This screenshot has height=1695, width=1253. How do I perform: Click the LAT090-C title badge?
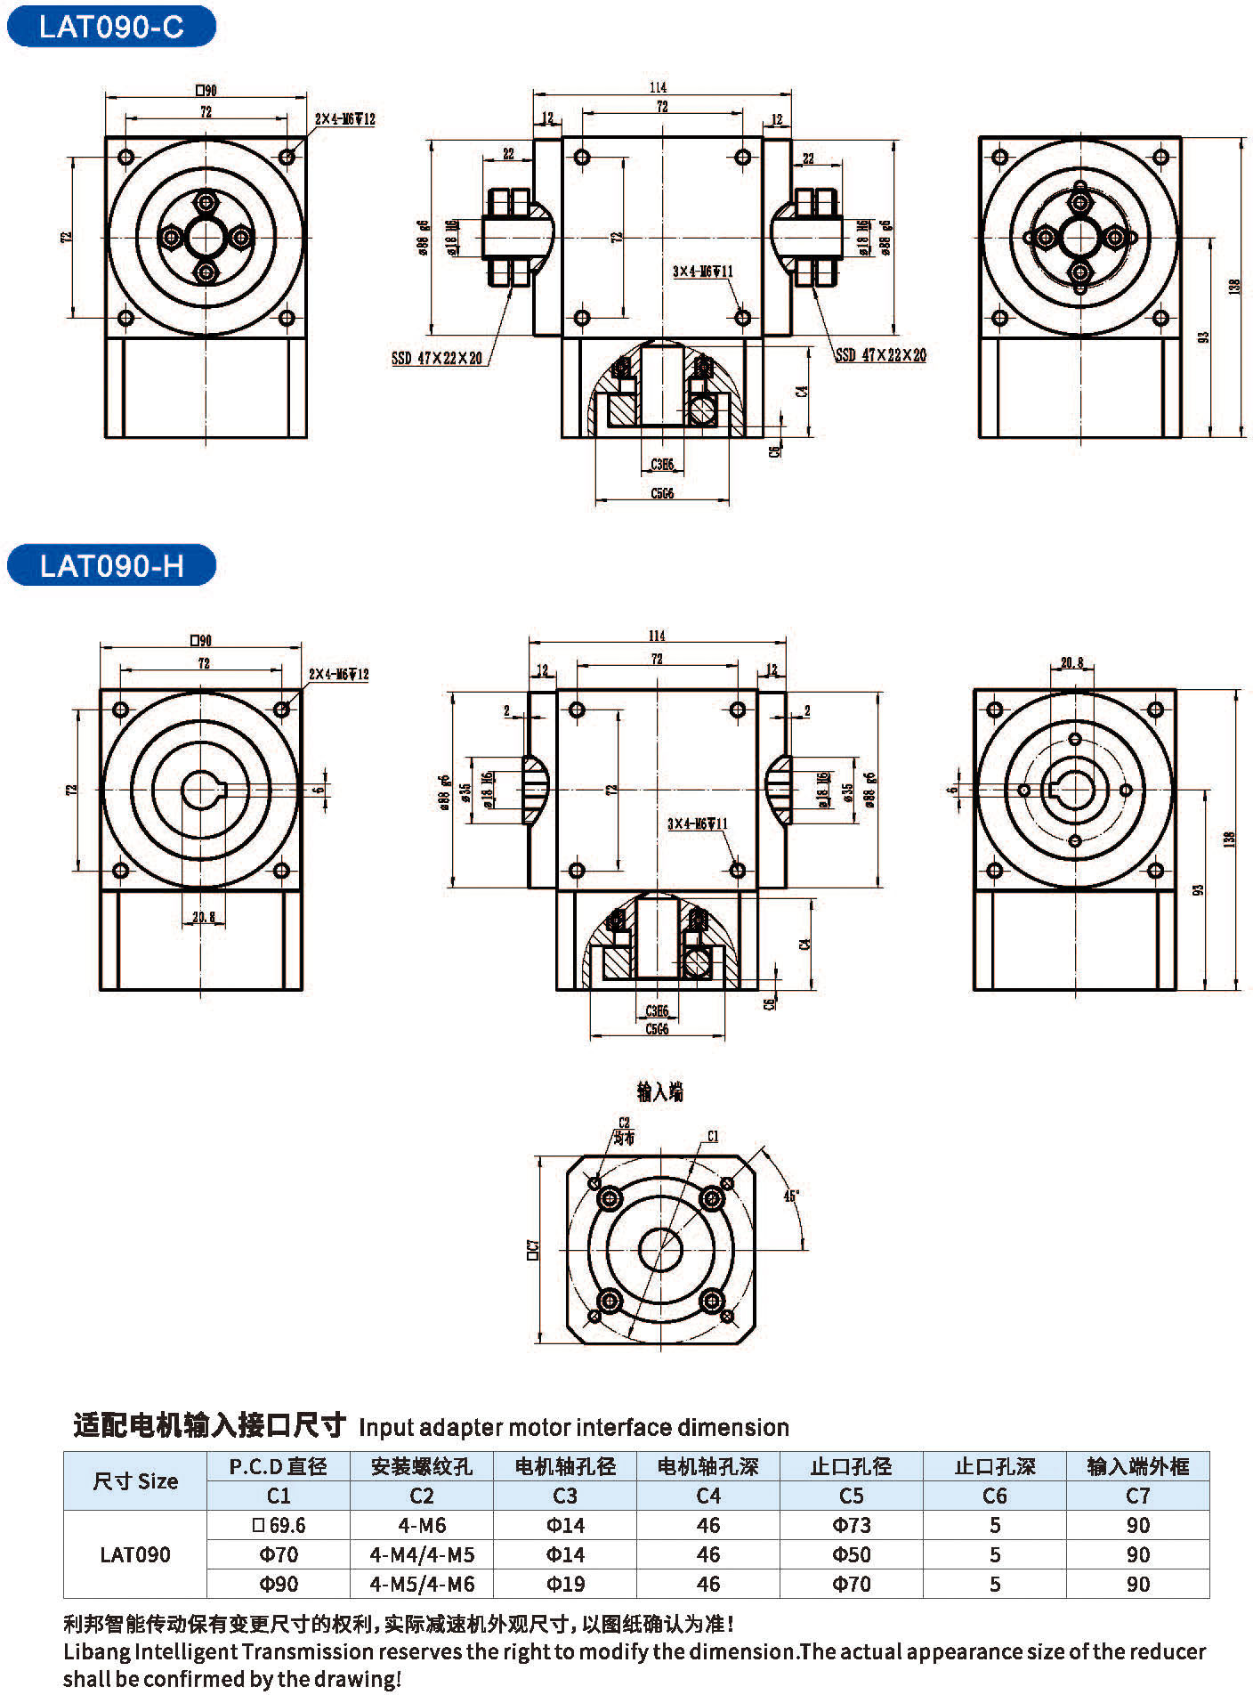pos(111,27)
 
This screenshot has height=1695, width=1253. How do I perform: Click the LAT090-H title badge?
pos(111,566)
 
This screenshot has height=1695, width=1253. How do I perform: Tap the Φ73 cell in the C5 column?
pos(852,1525)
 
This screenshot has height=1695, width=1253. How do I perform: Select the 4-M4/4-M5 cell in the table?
pos(422,1554)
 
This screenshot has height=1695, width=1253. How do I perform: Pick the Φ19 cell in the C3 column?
pos(565,1584)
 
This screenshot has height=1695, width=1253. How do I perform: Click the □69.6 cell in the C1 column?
pos(279,1525)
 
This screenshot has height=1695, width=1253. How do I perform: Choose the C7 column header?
pos(1137,1496)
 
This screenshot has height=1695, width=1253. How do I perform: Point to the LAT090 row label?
pos(135,1554)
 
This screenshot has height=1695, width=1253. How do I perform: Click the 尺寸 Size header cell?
pos(135,1481)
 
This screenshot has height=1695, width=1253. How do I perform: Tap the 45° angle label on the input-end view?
pos(790,1196)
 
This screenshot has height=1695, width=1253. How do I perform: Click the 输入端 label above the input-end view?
pos(659,1091)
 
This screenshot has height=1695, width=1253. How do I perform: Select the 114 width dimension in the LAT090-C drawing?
pos(658,87)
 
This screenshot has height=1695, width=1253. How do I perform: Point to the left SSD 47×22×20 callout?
pos(437,359)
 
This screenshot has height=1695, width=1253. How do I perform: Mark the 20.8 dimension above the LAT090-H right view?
pos(1072,662)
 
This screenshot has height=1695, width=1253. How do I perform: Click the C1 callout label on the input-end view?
pos(712,1136)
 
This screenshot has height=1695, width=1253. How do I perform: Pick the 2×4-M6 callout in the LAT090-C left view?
pos(344,119)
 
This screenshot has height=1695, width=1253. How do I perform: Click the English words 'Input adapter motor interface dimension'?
pos(574,1427)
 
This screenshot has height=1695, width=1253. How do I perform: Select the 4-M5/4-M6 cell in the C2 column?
pos(422,1584)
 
